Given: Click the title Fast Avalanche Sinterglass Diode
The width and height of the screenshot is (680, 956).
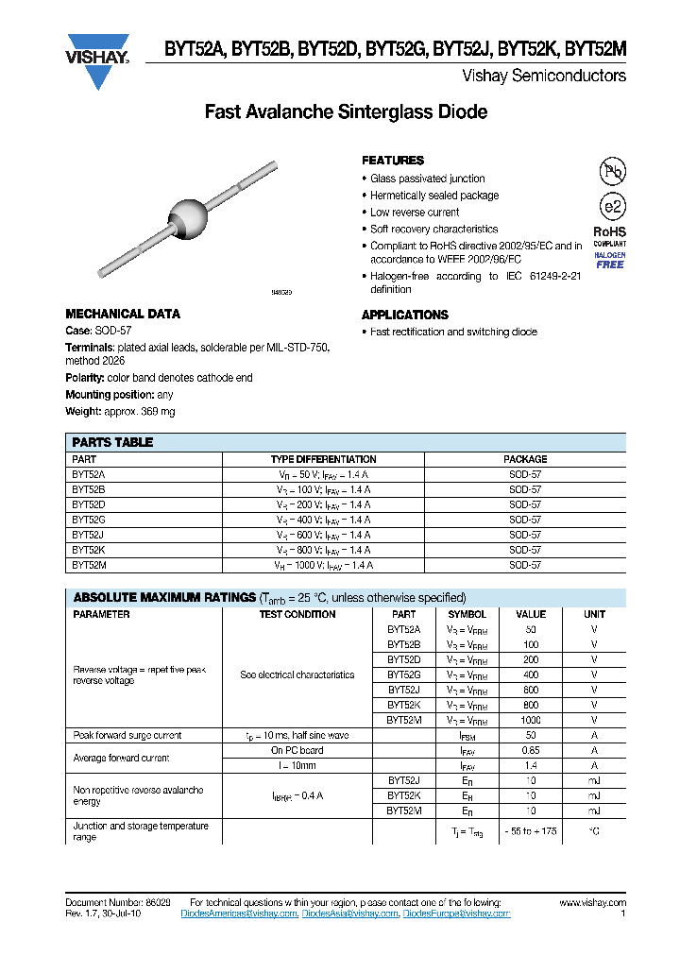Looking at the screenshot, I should click(x=346, y=112).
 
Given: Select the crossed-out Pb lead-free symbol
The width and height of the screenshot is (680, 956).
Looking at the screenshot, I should click(x=612, y=171).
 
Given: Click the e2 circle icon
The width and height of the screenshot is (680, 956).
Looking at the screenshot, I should click(x=612, y=207).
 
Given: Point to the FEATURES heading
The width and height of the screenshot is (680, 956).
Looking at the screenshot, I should click(x=393, y=161).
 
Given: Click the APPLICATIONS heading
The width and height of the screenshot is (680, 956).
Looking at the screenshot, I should click(x=404, y=315).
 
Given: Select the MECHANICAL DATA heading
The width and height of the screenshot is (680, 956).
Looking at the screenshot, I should click(x=122, y=314).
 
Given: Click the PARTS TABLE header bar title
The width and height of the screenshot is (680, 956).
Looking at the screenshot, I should click(x=112, y=442).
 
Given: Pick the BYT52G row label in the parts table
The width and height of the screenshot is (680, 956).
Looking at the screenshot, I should click(x=89, y=520).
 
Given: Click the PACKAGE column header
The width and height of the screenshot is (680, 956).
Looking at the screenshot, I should click(x=525, y=459).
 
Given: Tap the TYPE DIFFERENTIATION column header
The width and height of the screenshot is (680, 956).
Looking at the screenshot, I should click(x=323, y=459).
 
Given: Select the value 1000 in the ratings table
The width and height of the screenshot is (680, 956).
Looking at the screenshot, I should click(x=530, y=720).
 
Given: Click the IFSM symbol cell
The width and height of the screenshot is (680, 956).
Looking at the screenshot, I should click(x=467, y=735).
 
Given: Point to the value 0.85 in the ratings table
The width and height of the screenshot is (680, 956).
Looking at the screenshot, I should click(x=530, y=750).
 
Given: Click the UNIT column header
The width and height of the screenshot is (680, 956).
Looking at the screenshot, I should click(x=594, y=614).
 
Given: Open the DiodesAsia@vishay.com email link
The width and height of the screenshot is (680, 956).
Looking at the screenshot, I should click(x=350, y=913).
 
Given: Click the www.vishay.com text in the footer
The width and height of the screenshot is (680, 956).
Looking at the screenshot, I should click(x=592, y=903).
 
